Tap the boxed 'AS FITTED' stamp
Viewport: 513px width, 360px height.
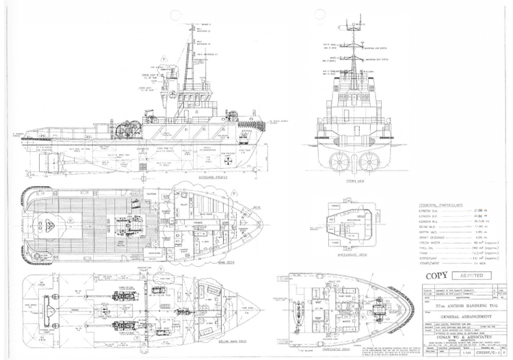coord(471,276)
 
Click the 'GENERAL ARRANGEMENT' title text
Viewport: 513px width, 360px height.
coord(447,318)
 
